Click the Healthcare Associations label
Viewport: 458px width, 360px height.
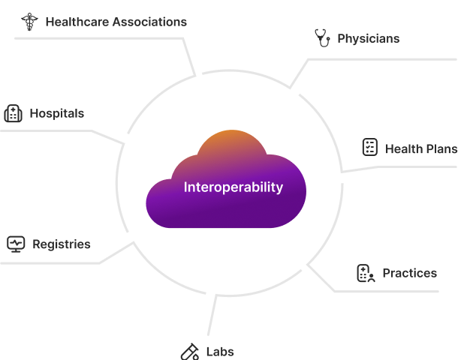click(116, 22)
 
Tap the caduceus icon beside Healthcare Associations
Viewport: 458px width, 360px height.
click(29, 22)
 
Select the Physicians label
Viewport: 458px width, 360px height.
click(368, 38)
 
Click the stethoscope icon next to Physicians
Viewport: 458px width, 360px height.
click(322, 37)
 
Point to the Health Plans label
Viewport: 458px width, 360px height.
click(420, 148)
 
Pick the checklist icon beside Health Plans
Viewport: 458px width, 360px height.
click(369, 147)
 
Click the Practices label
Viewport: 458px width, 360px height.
click(409, 273)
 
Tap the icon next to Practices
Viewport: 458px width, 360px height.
click(366, 274)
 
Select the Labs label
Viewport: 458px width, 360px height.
click(220, 351)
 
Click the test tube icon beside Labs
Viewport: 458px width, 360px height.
click(188, 351)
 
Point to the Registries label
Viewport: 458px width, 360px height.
click(61, 244)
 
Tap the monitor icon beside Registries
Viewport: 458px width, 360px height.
click(16, 244)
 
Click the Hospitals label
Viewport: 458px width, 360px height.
click(56, 114)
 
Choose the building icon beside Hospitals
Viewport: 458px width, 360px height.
click(13, 114)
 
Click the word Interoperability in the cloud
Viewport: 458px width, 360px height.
click(234, 187)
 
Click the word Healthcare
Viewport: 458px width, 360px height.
click(77, 22)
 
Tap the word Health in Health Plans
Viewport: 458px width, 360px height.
click(403, 148)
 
